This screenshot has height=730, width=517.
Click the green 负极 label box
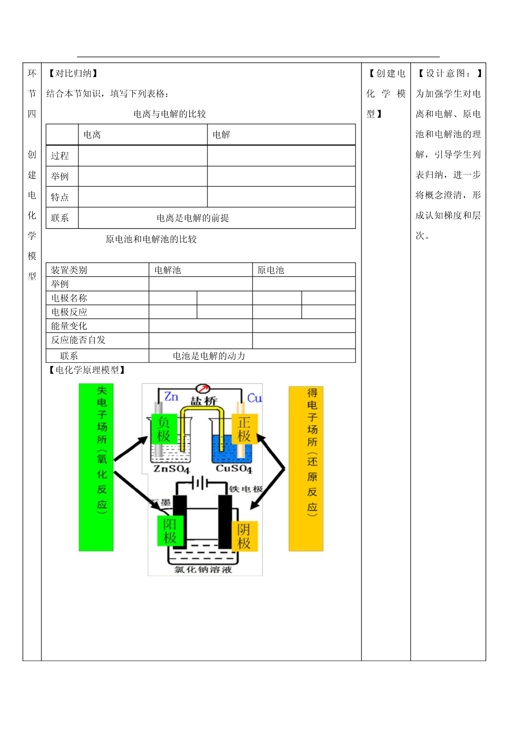[x=164, y=429]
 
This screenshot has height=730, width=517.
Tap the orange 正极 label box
[x=244, y=429]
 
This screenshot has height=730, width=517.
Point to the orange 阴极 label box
[x=244, y=536]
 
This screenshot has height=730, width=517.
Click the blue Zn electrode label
[x=171, y=397]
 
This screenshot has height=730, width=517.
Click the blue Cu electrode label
[x=254, y=398]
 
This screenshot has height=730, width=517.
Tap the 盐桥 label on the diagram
[x=204, y=401]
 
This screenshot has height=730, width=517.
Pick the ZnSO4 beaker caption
[x=171, y=469]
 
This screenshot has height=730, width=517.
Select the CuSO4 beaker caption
[x=234, y=469]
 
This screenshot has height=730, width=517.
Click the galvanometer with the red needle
[x=203, y=388]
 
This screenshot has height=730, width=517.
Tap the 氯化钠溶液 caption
[x=203, y=569]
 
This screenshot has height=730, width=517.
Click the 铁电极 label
[x=246, y=489]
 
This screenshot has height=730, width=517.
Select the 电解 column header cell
[x=281, y=134]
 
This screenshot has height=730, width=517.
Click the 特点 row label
[x=60, y=197]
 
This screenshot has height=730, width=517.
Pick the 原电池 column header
[x=270, y=270]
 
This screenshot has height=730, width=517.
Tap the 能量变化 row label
[x=69, y=326]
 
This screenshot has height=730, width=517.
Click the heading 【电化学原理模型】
[x=87, y=370]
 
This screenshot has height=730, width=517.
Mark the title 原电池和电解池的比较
[x=151, y=239]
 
